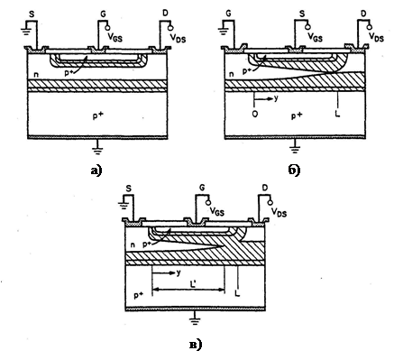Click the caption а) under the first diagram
[96, 171]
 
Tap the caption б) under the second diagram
[294, 171]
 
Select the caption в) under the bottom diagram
[196, 345]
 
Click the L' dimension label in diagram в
[194, 283]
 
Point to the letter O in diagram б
[255, 115]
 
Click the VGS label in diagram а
[115, 38]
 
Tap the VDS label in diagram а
[178, 38]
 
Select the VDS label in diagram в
[279, 212]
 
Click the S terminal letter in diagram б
[302, 14]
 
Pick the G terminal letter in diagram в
[202, 188]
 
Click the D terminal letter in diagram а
[165, 14]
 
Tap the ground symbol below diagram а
[96, 148]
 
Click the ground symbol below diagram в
[195, 318]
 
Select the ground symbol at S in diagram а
[25, 31]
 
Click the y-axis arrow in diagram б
[263, 98]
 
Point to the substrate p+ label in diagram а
[98, 115]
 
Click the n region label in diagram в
[133, 245]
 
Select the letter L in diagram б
[337, 114]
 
